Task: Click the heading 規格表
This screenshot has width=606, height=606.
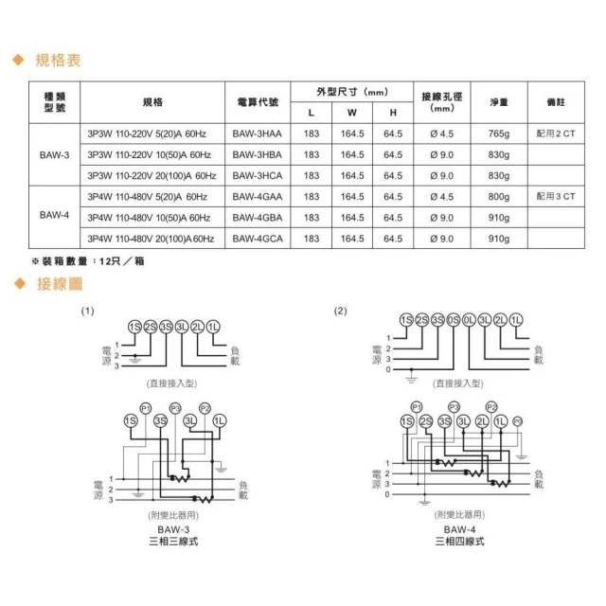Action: click(58, 61)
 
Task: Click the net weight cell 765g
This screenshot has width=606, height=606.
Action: click(499, 134)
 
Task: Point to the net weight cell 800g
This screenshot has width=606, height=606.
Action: click(499, 197)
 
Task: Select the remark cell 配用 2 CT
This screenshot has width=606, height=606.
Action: click(555, 134)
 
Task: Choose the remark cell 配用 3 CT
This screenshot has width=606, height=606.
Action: click(555, 197)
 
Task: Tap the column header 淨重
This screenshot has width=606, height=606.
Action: click(499, 101)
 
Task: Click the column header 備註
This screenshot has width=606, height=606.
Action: click(555, 101)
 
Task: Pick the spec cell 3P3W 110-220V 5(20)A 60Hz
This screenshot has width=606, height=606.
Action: click(151, 134)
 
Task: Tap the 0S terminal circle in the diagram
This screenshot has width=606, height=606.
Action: click(453, 320)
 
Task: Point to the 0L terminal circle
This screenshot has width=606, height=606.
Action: click(469, 320)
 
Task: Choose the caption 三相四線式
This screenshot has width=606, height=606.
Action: click(458, 542)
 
